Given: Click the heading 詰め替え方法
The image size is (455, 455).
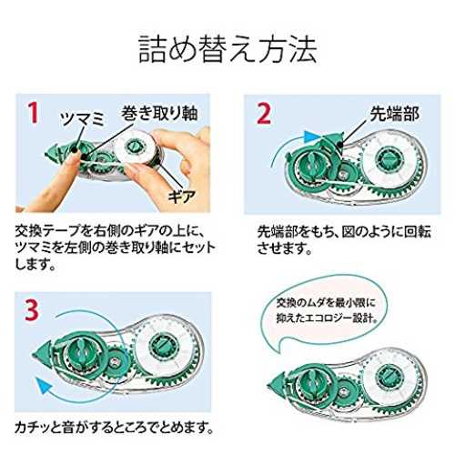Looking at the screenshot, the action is tap(227, 49).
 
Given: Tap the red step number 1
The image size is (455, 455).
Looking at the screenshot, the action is tap(34, 112).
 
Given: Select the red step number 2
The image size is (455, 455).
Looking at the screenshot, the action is tap(264, 113).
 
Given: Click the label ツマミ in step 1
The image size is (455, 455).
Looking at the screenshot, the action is tap(82, 119).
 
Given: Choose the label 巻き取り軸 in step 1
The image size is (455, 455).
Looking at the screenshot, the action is tap(159, 113).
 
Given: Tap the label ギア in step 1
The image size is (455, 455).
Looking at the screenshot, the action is tap(182, 197).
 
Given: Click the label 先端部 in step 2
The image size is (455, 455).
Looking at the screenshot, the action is tap(394, 114).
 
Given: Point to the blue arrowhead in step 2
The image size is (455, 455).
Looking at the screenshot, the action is tap(310, 136).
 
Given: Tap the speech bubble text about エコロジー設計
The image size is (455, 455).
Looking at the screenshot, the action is tap(327, 310).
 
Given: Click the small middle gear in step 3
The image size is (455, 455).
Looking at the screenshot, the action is tap(116, 361).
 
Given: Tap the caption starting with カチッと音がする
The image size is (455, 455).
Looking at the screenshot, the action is tap(114, 427).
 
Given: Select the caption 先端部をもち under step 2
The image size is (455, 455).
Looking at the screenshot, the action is tap(344, 240).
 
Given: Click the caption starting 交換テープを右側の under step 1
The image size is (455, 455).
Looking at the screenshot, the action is tap(115, 248).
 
